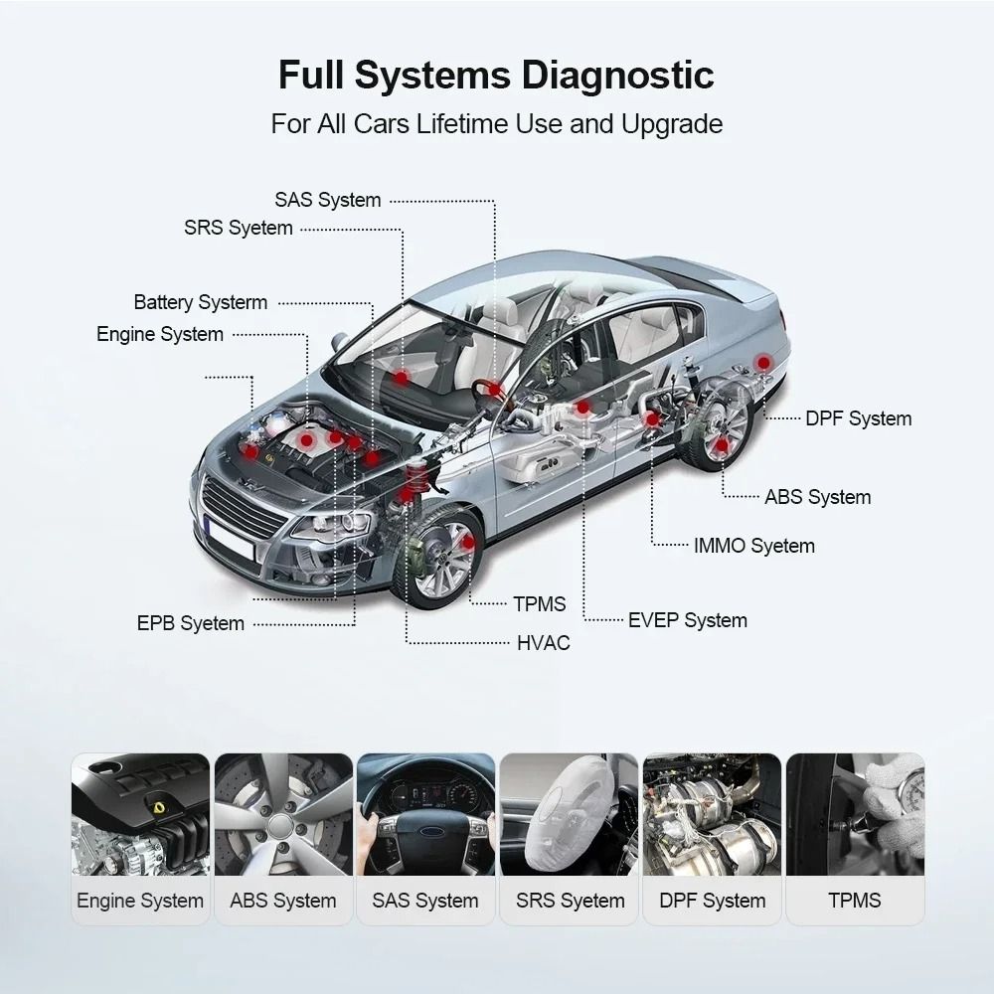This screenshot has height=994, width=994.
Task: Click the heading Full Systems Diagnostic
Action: [x=496, y=77]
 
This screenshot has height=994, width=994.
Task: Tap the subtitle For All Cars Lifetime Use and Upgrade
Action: [x=496, y=124]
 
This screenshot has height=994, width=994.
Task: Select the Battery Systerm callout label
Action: [x=201, y=302]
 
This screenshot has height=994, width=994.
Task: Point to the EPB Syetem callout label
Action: [x=190, y=624]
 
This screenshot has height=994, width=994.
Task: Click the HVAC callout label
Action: [x=543, y=643]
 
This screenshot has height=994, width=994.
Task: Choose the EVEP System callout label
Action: [x=687, y=620]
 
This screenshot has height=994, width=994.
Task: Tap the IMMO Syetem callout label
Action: [x=753, y=546]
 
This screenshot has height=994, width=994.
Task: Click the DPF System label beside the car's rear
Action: [x=858, y=418]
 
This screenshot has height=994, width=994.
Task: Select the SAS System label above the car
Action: [x=328, y=200]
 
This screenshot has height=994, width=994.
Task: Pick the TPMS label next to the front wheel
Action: [x=539, y=604]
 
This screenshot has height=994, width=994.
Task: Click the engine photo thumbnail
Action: [x=140, y=814]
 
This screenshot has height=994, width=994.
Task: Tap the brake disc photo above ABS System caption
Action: [x=283, y=814]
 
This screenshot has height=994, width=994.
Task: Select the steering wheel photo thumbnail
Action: [x=425, y=814]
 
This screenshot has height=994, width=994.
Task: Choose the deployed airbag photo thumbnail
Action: [x=569, y=814]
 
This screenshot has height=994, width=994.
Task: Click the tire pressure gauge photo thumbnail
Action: [x=855, y=814]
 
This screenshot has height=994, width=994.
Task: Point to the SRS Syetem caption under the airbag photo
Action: [x=570, y=902]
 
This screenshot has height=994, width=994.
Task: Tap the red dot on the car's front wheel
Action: [x=468, y=542]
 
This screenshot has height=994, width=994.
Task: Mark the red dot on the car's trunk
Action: [x=762, y=363]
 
